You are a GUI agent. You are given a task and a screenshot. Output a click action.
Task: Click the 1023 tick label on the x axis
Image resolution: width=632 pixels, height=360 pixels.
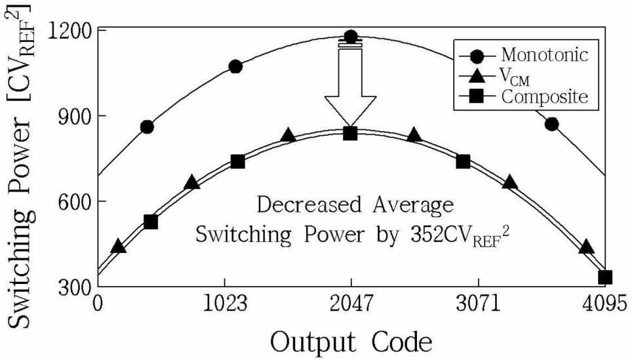click(x=224, y=304)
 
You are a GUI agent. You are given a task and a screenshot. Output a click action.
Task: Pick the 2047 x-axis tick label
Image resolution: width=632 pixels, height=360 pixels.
click(x=351, y=304)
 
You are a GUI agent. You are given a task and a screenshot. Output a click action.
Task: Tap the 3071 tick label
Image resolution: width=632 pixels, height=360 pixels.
click(x=479, y=304)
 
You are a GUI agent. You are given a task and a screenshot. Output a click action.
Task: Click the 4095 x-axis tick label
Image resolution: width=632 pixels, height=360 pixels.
click(x=605, y=304)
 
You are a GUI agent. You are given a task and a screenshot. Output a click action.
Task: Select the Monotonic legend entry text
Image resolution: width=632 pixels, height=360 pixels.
click(x=545, y=54)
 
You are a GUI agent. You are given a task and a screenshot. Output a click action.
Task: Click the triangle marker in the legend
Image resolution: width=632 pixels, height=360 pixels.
click(x=477, y=76)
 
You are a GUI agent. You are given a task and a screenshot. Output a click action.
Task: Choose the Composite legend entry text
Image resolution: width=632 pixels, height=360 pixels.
click(x=545, y=97)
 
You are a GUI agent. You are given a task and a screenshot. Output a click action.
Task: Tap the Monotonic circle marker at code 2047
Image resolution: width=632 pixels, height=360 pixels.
click(x=351, y=37)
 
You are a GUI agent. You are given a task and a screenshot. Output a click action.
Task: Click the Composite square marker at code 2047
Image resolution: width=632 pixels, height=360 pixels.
click(x=350, y=133)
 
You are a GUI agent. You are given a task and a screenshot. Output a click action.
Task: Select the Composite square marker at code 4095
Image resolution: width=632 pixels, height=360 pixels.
click(x=605, y=278)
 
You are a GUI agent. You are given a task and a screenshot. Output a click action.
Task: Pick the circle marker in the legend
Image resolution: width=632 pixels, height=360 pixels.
click(x=477, y=55)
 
